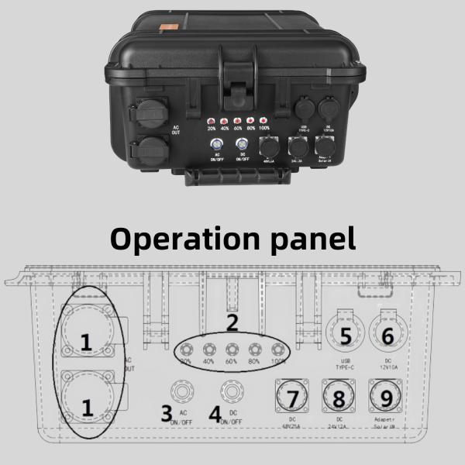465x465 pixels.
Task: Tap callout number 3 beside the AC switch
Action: click(166, 413)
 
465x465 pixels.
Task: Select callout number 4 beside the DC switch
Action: click(215, 413)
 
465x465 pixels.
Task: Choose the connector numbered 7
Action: click(292, 399)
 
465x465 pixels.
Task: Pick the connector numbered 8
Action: click(338, 399)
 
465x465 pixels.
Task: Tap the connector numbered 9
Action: click(386, 399)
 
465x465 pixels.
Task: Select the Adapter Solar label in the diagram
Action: click(386, 425)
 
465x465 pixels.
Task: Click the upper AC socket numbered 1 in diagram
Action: click(86, 339)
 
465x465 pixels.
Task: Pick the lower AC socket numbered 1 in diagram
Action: click(86, 403)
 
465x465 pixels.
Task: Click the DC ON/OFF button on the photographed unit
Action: click(242, 144)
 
